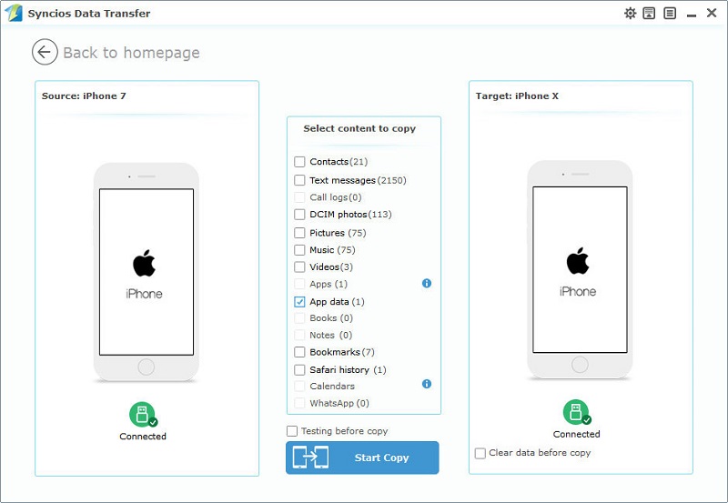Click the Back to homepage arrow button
tap(45, 52)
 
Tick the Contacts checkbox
tap(299, 162)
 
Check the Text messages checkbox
tap(299, 180)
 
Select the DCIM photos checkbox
tap(299, 215)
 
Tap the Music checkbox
tap(299, 249)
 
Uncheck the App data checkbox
tap(299, 301)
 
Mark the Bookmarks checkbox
tap(299, 352)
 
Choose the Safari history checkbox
tap(299, 369)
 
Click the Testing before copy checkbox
tap(292, 431)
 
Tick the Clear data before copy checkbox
tap(480, 453)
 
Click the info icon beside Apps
tap(427, 284)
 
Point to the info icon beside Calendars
tap(427, 384)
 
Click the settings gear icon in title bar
tap(630, 14)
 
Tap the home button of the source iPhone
tap(146, 367)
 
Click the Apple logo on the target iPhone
tap(578, 261)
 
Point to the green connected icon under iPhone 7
tap(142, 415)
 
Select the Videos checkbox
tap(299, 267)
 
